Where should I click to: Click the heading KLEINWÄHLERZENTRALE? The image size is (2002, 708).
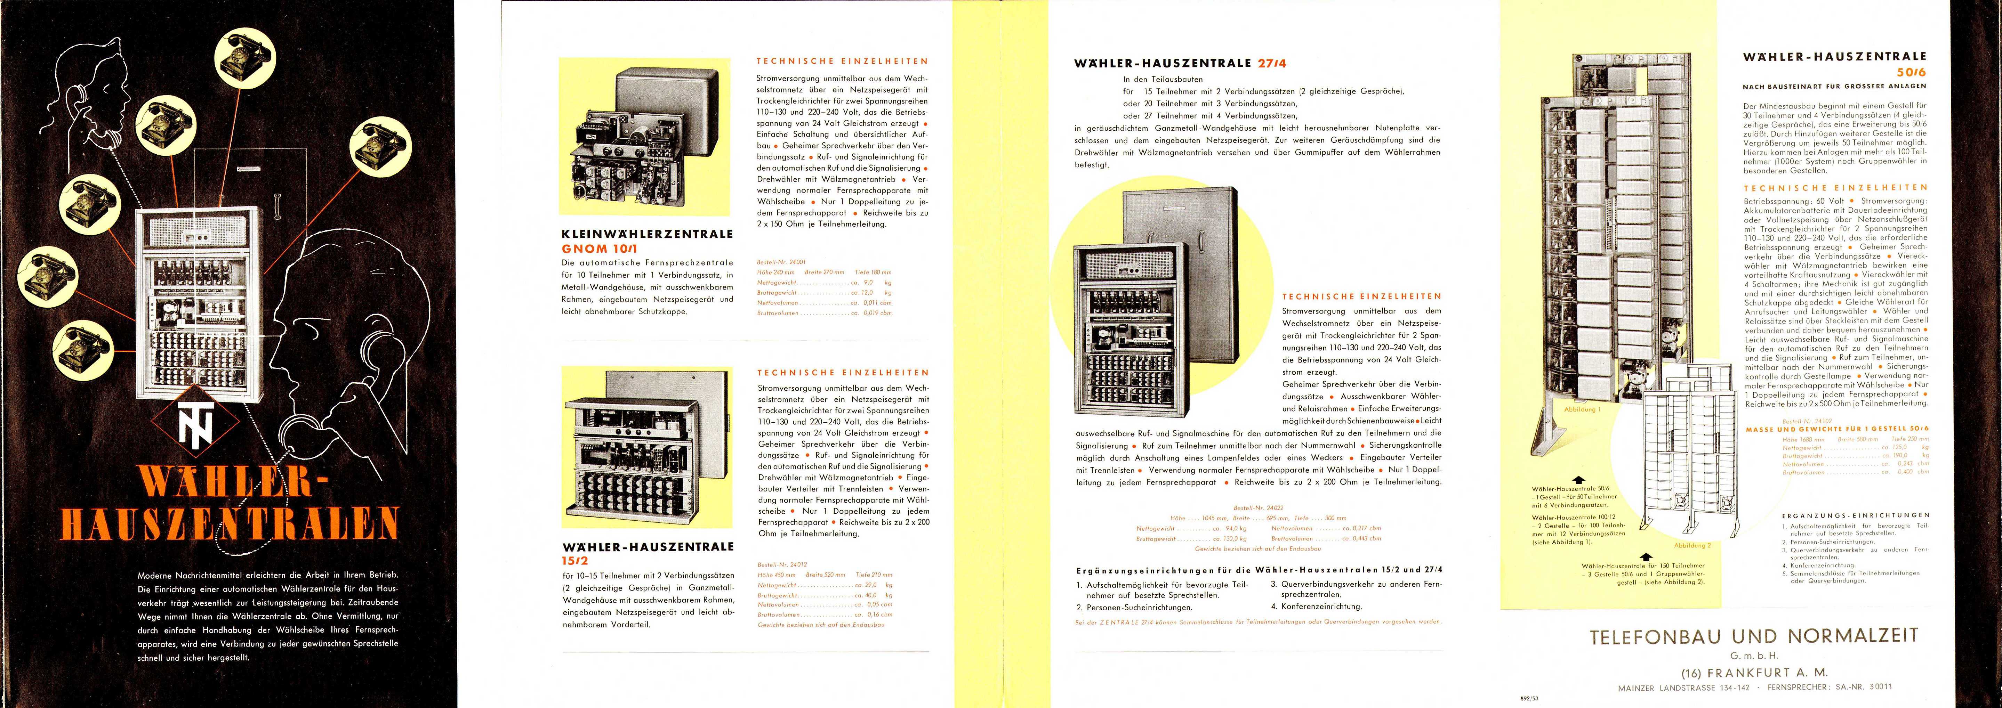(x=646, y=234)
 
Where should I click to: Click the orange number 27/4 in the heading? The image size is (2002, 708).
(x=1277, y=64)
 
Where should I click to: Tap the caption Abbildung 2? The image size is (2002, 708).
(x=1693, y=546)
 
